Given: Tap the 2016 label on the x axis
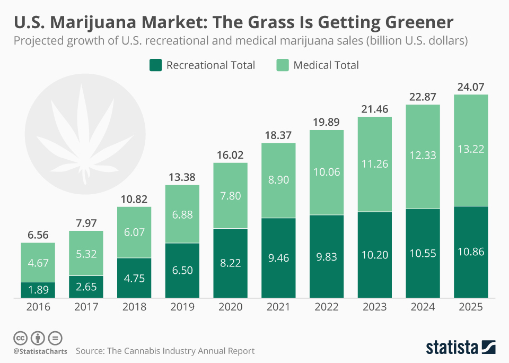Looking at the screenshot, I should click(x=38, y=307).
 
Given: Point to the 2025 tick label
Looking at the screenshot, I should click(x=471, y=307).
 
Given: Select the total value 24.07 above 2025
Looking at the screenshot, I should click(x=471, y=87).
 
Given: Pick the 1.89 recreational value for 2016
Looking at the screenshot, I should click(x=38, y=290).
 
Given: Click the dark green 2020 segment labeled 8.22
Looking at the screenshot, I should click(x=230, y=263).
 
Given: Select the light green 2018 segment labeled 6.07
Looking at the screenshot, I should click(x=134, y=232).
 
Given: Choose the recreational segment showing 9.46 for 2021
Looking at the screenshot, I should click(x=278, y=257).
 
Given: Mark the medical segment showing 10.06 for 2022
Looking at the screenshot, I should click(x=327, y=172).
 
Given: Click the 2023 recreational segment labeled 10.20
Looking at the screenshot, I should click(x=374, y=255).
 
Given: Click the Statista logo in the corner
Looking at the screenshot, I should click(x=460, y=348).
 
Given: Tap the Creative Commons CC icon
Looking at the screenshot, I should click(x=20, y=338).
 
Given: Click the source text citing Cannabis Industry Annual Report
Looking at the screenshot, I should click(x=165, y=351).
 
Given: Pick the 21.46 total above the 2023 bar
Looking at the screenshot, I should click(x=374, y=109).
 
